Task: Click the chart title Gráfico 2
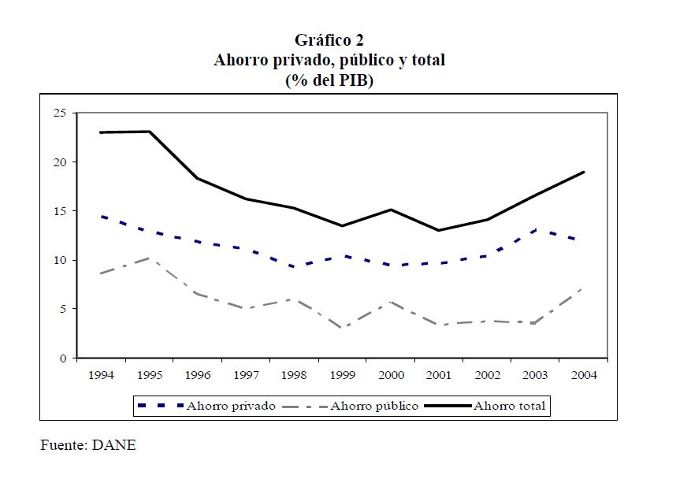point(329,39)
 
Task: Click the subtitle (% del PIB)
point(329,80)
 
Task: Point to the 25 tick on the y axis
point(59,113)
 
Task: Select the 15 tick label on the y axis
point(59,211)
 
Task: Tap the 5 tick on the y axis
point(62,309)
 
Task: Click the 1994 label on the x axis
point(101,375)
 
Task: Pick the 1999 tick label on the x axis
point(342,375)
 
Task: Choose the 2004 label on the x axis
point(583,375)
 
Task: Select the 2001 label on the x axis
point(438,375)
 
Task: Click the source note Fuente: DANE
point(88,445)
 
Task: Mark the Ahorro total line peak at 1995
point(149,132)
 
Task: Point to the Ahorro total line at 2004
point(583,172)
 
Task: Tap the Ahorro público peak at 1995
point(149,258)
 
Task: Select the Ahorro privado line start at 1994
point(101,216)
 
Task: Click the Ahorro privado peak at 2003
point(535,230)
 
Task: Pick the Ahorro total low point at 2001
point(438,230)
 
